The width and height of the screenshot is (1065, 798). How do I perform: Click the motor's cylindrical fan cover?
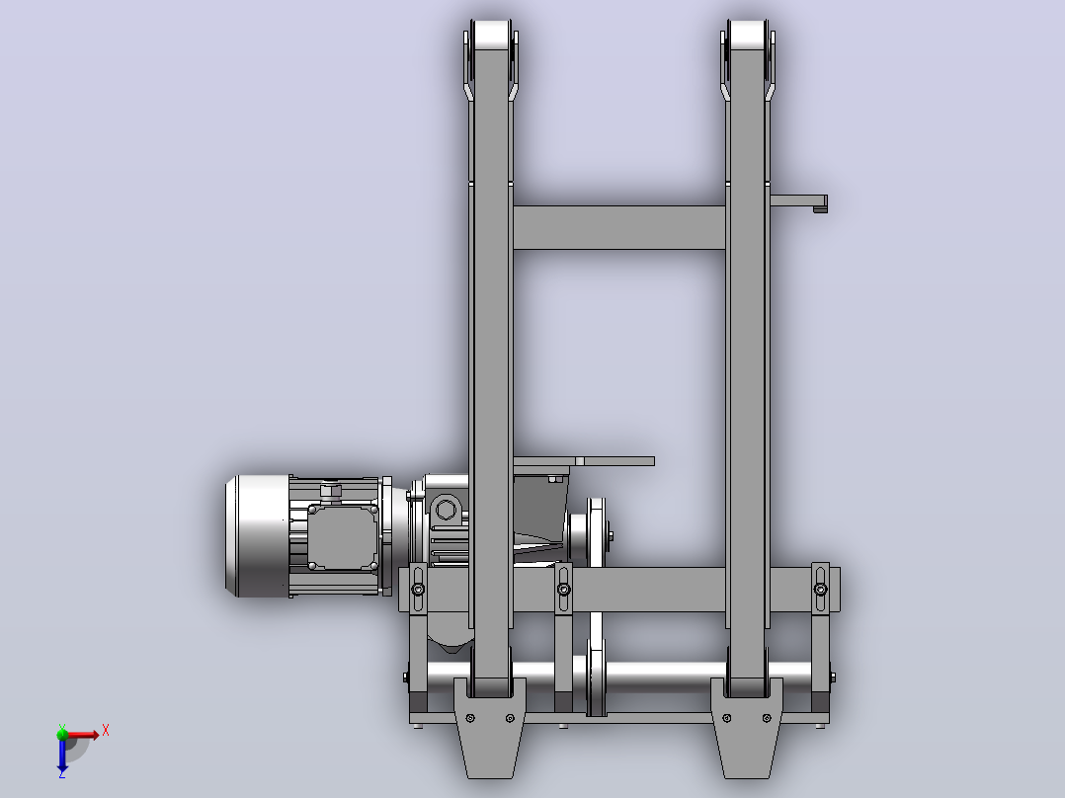click(258, 536)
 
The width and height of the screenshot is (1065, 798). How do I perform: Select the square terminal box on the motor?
click(343, 536)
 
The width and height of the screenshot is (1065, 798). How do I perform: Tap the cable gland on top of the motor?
click(331, 490)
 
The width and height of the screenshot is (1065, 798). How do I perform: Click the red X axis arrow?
click(81, 735)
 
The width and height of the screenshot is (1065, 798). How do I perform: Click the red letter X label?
click(106, 731)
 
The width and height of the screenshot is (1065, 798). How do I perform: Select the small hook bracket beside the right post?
click(799, 202)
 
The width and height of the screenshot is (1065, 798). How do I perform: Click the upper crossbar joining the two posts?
click(618, 227)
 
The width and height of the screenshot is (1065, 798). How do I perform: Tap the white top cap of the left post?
click(492, 35)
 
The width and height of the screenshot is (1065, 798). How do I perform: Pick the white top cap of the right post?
click(748, 35)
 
